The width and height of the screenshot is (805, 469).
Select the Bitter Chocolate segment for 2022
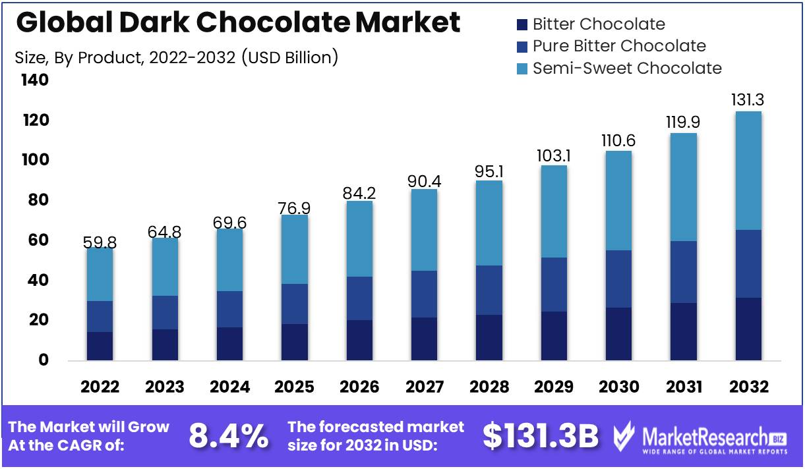tap(100, 346)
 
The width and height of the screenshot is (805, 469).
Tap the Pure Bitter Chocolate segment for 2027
tap(424, 294)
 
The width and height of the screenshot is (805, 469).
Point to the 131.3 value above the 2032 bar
tap(748, 100)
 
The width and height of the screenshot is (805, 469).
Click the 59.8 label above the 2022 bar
tap(100, 242)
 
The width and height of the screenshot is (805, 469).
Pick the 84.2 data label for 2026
tap(359, 194)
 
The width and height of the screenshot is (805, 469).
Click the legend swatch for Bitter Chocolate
tap(523, 25)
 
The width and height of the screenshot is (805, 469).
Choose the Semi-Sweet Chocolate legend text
tap(627, 68)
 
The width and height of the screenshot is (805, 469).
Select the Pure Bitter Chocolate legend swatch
tap(523, 47)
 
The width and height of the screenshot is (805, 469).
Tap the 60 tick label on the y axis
tap(38, 240)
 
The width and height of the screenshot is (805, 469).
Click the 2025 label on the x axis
tap(294, 387)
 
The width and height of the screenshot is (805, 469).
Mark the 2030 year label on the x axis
tap(619, 387)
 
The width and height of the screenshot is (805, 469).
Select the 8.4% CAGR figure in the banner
tap(229, 435)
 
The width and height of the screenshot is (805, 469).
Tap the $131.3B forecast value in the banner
tap(541, 435)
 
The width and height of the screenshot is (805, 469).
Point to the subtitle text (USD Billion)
tap(290, 57)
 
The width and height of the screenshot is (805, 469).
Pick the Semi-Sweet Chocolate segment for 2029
tap(554, 211)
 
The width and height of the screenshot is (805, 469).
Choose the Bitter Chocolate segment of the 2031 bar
tap(684, 331)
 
